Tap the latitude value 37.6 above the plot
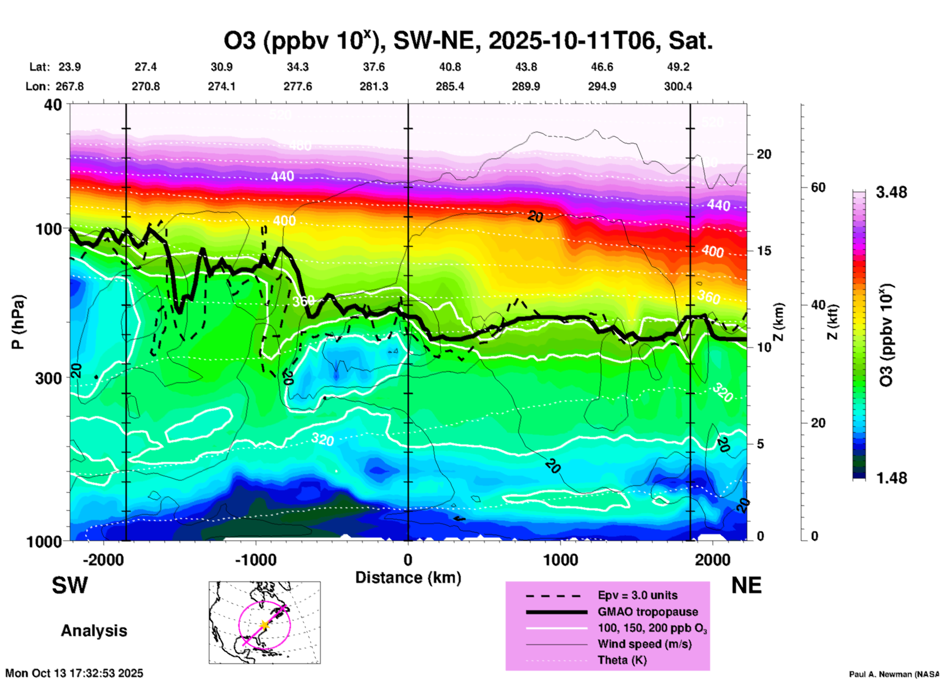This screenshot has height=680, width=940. click(x=374, y=67)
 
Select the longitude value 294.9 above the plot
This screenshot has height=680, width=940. click(x=602, y=86)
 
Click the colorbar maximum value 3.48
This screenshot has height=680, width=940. click(x=891, y=192)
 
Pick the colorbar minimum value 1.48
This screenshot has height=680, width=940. click(x=891, y=478)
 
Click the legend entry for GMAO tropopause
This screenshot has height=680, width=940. click(x=648, y=612)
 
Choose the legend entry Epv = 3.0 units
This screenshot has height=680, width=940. click(x=637, y=595)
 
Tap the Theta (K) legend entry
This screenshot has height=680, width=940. click(x=622, y=660)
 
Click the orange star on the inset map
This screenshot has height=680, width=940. click(x=265, y=624)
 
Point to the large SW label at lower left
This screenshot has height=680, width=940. click(x=70, y=585)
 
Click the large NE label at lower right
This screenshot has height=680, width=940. click(x=746, y=585)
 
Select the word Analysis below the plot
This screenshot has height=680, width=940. click(x=94, y=630)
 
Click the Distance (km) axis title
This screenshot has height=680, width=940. click(x=408, y=578)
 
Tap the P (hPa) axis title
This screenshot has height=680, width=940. click(x=18, y=322)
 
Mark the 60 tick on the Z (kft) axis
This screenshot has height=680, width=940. click(x=818, y=187)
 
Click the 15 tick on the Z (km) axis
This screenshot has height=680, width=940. click(x=764, y=251)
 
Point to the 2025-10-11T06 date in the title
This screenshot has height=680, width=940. click(x=571, y=41)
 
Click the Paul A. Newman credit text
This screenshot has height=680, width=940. click(x=893, y=674)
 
